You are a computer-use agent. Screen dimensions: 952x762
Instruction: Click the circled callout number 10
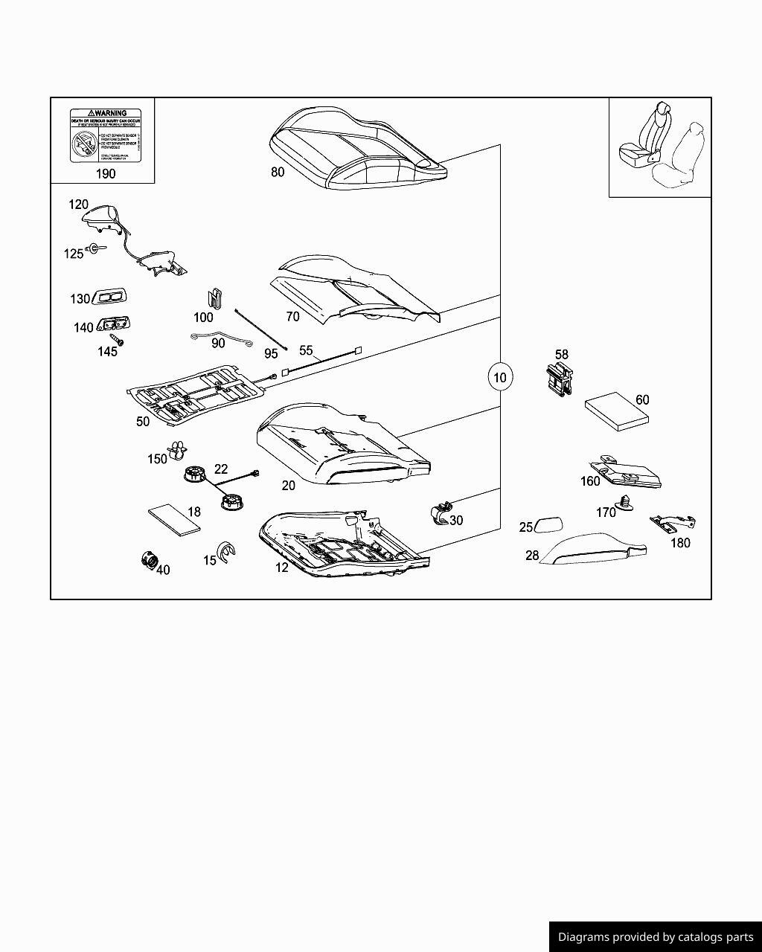coord(499,377)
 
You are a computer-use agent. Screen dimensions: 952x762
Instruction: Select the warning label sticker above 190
coord(105,135)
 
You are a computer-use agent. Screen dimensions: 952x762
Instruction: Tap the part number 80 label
coord(278,172)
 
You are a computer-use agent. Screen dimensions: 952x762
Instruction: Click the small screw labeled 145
coord(118,342)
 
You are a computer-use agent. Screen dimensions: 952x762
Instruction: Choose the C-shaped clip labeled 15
coord(225,553)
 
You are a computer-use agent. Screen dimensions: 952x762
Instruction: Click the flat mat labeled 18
coord(174,518)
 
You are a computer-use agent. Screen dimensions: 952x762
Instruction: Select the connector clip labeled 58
coord(559,380)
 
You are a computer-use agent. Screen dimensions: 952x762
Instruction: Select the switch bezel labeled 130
coord(109,297)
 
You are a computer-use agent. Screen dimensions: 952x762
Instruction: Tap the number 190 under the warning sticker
coord(106,173)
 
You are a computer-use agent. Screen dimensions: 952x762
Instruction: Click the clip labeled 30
coord(440,513)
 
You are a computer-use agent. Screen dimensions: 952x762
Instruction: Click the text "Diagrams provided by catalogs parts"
coord(656,937)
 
